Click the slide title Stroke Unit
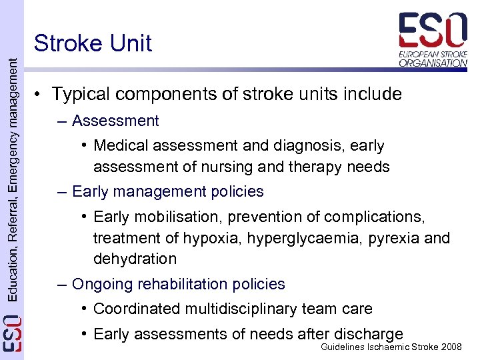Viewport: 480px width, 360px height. (x=93, y=43)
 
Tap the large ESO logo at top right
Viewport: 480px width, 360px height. (x=433, y=39)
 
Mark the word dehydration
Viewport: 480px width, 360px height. (x=135, y=259)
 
